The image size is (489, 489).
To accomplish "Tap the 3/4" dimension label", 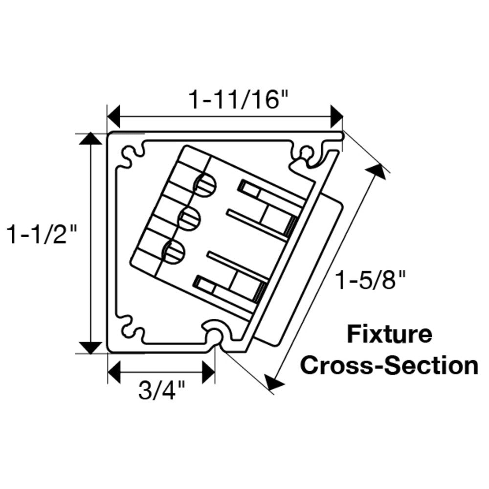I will pos(162,391).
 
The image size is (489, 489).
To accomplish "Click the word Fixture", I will pos(389,335).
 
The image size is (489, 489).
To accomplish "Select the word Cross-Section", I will pos(389,365).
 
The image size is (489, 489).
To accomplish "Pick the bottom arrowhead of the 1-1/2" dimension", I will pos(89,347).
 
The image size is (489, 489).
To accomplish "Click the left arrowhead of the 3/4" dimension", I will pos(113,372).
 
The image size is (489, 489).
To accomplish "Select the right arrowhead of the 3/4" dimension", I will pos(209,372).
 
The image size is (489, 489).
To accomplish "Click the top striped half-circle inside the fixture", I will pos(206,184).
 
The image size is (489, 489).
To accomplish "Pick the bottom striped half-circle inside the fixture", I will pos(174,252).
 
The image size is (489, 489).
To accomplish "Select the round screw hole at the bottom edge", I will pos(215,334).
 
